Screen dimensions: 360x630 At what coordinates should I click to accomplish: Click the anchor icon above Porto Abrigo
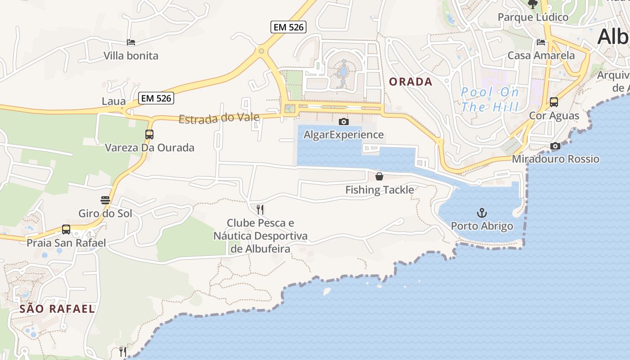pos(482,212)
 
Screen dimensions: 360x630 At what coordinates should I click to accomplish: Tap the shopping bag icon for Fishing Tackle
pos(379,176)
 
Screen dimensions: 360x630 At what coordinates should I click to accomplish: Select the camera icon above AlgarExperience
pos(343,121)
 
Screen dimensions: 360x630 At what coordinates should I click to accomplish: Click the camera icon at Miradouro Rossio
pos(555,146)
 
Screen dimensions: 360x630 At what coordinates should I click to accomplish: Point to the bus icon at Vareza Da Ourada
pos(149,134)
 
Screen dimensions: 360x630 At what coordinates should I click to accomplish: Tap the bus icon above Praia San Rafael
pos(66,229)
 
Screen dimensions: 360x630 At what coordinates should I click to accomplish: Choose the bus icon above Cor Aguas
pos(554,102)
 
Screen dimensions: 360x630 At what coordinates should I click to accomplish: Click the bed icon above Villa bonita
pos(131,42)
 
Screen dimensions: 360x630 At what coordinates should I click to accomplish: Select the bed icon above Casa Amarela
pos(541,42)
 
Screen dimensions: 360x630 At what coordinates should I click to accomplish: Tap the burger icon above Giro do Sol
pos(105,200)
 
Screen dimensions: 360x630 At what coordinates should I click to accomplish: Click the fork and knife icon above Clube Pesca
pos(260,209)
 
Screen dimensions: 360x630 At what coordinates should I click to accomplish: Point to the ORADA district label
pos(410,82)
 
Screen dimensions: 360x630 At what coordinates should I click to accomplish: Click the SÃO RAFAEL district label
pos(57,309)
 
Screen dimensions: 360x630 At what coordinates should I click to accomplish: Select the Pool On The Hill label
pos(490,99)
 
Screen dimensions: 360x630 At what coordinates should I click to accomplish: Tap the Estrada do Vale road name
pos(219,118)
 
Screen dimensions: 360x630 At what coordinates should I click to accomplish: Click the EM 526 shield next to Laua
pos(156,98)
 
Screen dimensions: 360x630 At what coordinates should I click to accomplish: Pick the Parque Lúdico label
pos(533,18)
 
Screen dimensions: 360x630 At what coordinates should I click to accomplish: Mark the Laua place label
pos(113,101)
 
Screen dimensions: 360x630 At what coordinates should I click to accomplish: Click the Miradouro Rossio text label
pos(555,159)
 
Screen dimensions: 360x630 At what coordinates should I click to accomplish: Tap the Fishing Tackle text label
pos(379,190)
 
